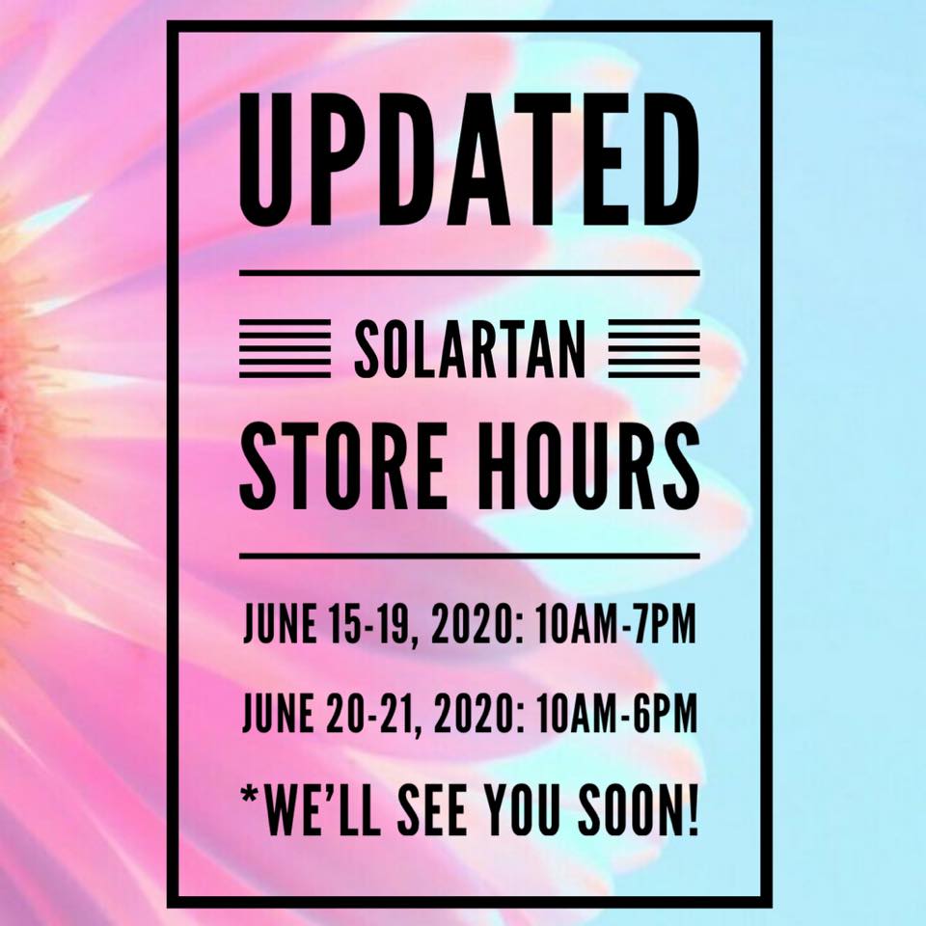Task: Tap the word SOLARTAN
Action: point(470,348)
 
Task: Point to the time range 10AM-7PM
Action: point(615,624)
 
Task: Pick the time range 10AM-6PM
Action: point(616,713)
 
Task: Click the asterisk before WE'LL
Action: point(252,796)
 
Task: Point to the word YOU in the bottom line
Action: point(521,808)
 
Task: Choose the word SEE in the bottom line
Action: point(428,808)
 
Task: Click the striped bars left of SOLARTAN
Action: point(285,348)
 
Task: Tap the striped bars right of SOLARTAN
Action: point(654,348)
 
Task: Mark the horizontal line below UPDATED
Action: point(470,273)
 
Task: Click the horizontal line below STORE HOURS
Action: point(470,556)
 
